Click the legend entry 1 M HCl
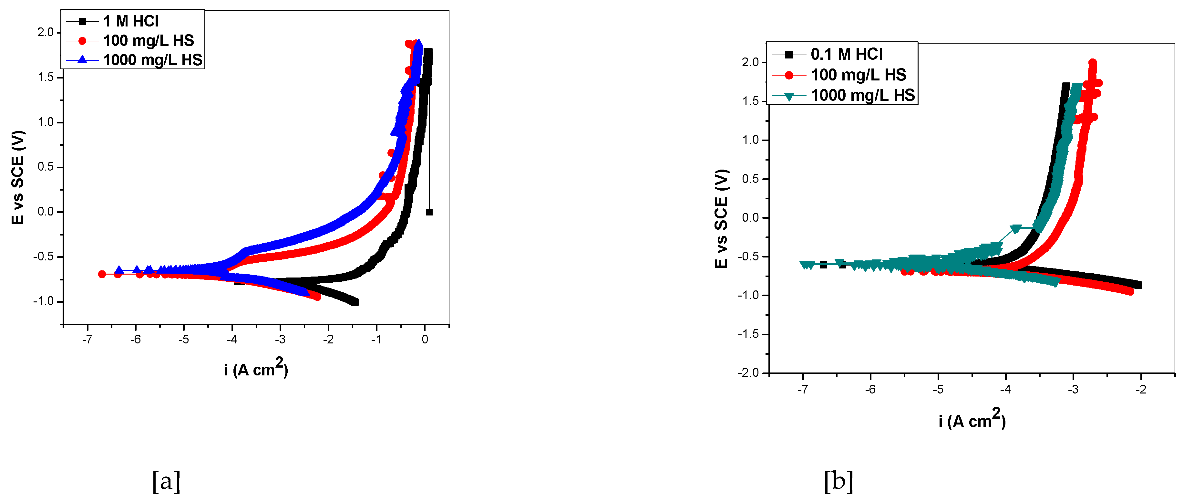(x=130, y=21)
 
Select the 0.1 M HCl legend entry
(x=846, y=54)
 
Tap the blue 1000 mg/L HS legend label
(x=152, y=60)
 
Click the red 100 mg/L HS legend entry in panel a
(x=148, y=40)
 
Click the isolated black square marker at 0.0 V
(x=429, y=212)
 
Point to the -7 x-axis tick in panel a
(x=87, y=339)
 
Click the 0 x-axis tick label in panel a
(x=425, y=339)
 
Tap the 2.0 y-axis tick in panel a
(x=46, y=32)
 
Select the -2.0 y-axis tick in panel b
(x=749, y=372)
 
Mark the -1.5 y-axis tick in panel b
(x=749, y=334)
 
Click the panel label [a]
(x=166, y=481)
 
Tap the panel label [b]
(x=838, y=481)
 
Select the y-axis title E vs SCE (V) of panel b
(x=721, y=218)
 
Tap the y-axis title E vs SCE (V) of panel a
(x=17, y=177)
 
